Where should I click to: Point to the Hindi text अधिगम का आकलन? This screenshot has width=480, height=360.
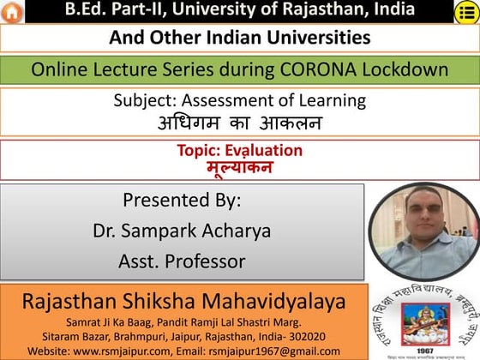pos(239,123)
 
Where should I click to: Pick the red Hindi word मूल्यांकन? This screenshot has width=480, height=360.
pos(239,166)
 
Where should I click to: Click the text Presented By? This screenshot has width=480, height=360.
pos(182,201)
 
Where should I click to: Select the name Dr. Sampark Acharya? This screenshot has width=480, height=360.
pos(182,231)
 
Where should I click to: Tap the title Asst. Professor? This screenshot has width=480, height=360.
pos(182,261)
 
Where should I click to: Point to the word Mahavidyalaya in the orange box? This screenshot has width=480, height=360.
pos(275,301)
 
